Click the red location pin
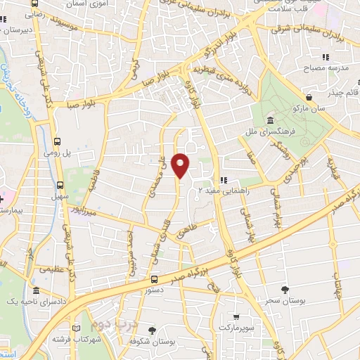[x=181, y=165]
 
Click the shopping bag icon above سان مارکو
[x=309, y=97]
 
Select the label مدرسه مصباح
[x=335, y=68]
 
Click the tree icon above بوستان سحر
[x=285, y=289]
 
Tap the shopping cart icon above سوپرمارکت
[x=236, y=316]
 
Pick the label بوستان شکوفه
[x=157, y=341]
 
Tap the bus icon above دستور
[x=154, y=279]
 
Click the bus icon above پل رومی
[x=57, y=141]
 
